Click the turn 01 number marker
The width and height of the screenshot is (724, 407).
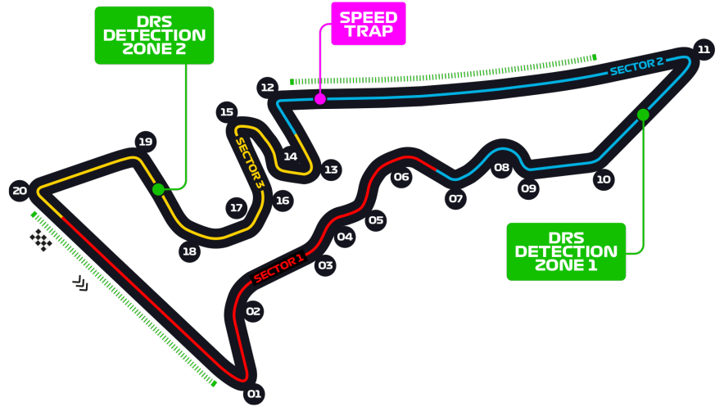(254, 394)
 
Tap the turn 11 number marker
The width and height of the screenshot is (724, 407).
(704, 50)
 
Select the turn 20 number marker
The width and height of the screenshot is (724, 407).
(20, 192)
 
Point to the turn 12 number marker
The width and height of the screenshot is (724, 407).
(267, 87)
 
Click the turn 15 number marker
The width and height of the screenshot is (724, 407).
(227, 112)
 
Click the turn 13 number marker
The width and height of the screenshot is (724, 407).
(331, 170)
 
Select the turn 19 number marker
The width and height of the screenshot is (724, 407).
(146, 142)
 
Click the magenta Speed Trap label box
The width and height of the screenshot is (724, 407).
(368, 24)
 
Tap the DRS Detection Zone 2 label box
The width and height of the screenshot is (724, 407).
(154, 35)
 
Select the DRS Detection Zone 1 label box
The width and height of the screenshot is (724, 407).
(566, 251)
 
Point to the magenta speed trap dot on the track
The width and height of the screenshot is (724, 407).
(320, 99)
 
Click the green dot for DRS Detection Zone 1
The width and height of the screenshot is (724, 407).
(643, 115)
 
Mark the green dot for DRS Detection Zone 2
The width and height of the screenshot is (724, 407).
(158, 189)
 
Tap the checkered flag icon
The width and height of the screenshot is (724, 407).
(41, 240)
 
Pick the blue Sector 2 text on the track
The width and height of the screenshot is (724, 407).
(636, 66)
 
